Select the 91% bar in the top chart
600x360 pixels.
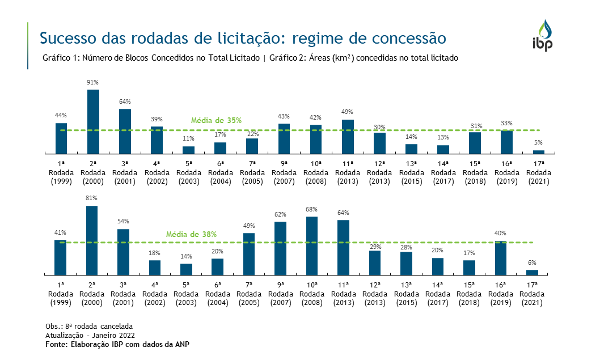93,121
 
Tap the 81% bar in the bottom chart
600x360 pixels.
92,240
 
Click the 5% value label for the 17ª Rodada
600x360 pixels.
538,142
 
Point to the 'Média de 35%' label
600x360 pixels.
216,120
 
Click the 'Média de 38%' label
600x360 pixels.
191,234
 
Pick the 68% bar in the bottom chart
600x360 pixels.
312,245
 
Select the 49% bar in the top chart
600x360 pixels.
348,137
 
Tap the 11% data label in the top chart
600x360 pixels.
188,138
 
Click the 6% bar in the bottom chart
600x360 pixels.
532,272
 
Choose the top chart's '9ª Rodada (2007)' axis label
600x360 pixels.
284,172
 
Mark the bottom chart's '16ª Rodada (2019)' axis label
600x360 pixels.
500,294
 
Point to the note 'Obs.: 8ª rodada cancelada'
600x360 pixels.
89,327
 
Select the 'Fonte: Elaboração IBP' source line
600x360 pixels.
117,344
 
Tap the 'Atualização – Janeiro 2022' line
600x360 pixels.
90,335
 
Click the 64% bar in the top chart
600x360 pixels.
125,131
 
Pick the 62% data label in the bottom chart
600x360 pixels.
280,214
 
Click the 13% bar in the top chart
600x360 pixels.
443,149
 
